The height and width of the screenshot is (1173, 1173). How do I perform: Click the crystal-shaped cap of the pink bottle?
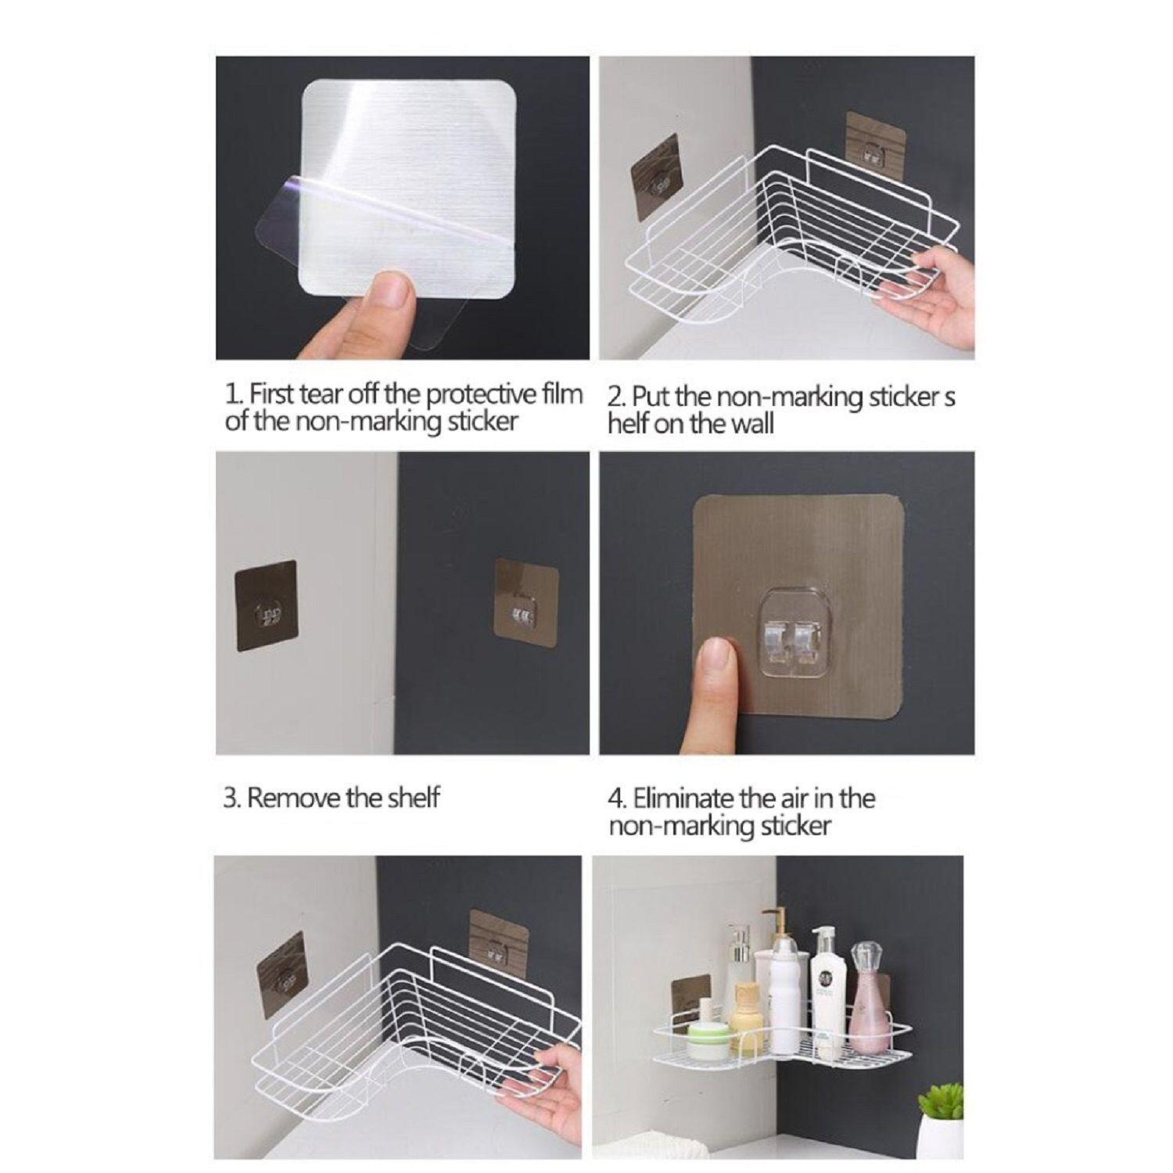click(x=864, y=957)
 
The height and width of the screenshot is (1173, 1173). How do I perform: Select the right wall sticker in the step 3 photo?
click(x=527, y=602)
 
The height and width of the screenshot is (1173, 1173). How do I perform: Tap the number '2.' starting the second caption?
click(x=617, y=396)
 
